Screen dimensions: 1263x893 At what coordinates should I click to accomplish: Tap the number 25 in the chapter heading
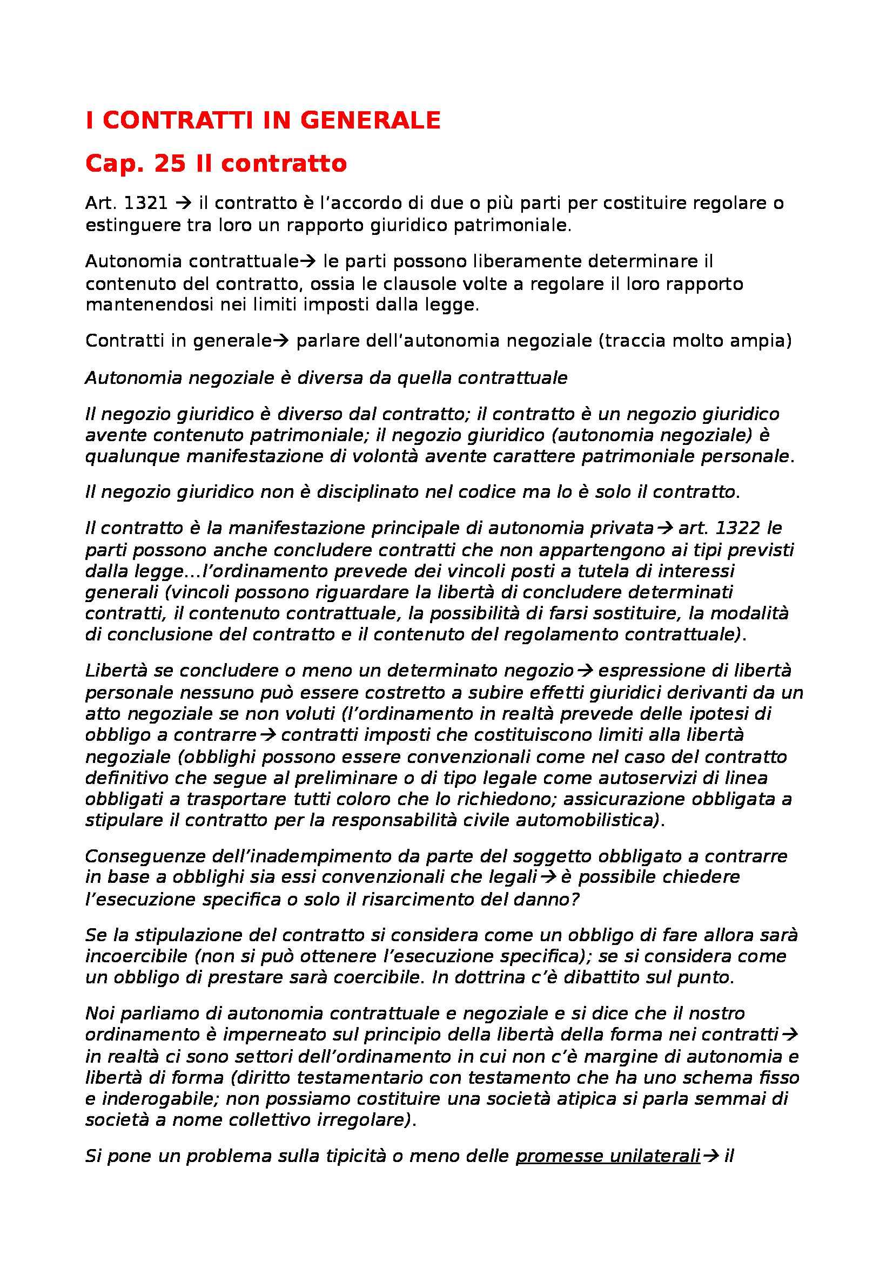tap(170, 164)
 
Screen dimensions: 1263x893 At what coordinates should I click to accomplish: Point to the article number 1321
tap(146, 204)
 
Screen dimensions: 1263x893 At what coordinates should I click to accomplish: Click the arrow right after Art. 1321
tap(182, 204)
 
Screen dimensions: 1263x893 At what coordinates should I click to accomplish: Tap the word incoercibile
tap(136, 956)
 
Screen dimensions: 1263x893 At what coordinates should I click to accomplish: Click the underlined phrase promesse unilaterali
tap(607, 1156)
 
